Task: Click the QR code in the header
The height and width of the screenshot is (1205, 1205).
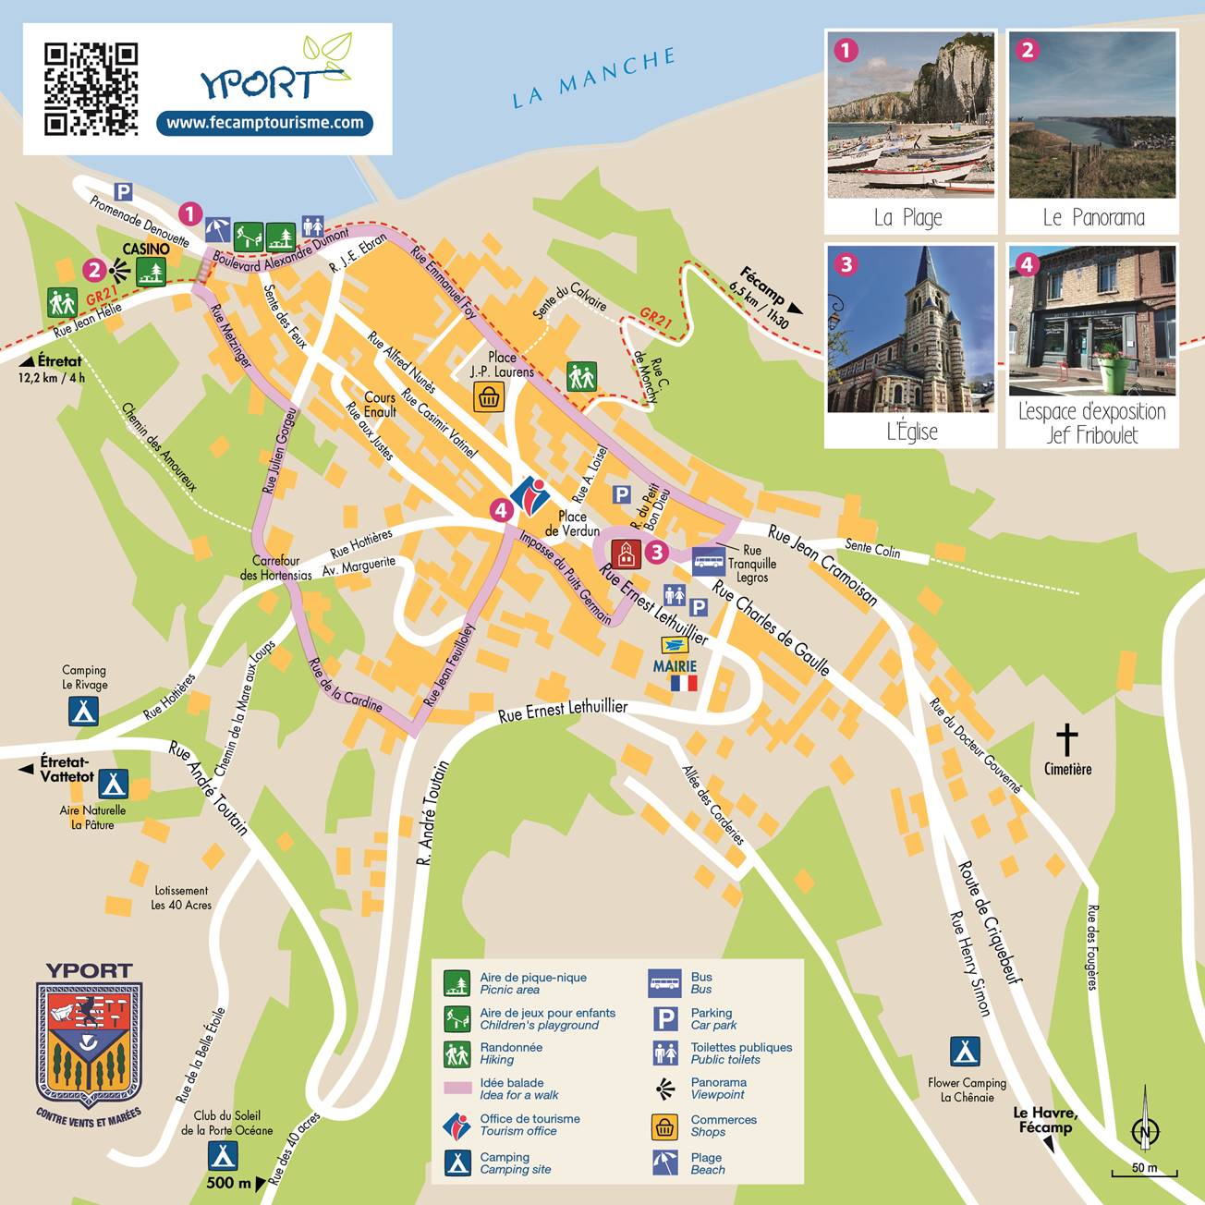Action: [x=91, y=89]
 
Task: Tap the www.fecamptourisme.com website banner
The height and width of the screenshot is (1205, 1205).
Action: [x=264, y=123]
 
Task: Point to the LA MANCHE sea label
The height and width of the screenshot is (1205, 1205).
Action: [x=594, y=79]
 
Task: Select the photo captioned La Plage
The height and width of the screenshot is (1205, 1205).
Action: [x=910, y=116]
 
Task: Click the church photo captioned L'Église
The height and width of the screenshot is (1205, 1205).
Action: [x=910, y=330]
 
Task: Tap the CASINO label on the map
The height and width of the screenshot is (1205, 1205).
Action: [x=146, y=249]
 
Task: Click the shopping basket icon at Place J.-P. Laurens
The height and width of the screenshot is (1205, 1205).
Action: [x=488, y=397]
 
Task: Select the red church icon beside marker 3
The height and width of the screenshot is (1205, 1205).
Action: [x=626, y=553]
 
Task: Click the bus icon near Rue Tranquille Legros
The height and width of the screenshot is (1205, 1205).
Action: [x=709, y=560]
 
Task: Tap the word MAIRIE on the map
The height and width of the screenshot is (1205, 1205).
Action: [x=675, y=666]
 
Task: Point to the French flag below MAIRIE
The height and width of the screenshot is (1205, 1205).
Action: [x=683, y=684]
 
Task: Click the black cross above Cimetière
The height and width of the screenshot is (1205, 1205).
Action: [x=1067, y=739]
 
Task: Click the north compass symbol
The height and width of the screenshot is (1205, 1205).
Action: [x=1146, y=1129]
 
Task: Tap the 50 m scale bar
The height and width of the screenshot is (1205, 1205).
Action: [x=1145, y=1171]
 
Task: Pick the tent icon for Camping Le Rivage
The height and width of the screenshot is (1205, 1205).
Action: [x=83, y=712]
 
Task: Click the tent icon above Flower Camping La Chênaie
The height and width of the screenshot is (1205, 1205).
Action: [x=965, y=1052]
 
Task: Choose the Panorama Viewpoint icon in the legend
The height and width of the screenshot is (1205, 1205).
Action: [x=664, y=1089]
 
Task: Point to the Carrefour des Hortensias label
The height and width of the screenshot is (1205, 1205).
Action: [x=276, y=567]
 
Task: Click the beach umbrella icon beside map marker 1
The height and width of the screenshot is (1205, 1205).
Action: [x=217, y=229]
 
